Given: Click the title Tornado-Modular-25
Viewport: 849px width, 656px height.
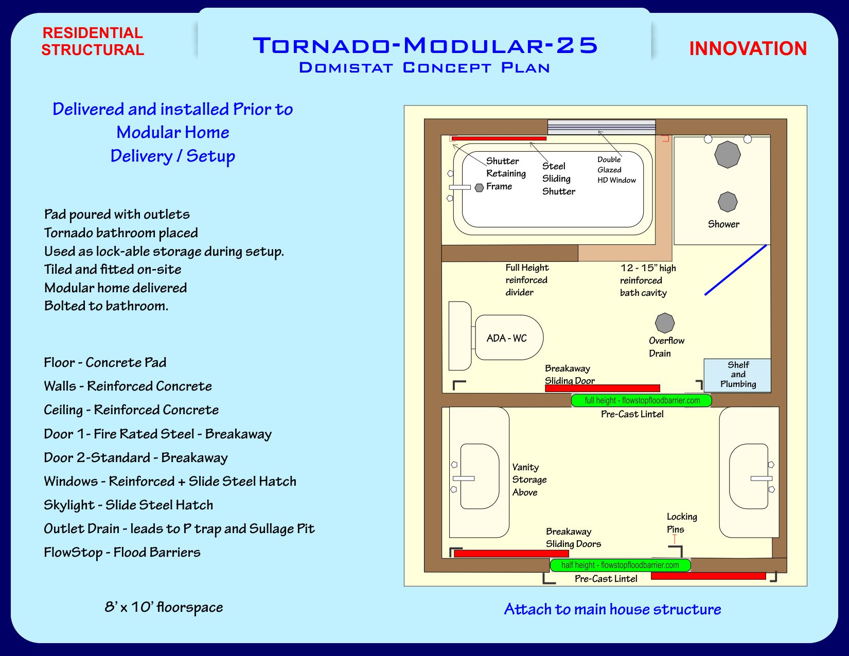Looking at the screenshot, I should [x=425, y=45].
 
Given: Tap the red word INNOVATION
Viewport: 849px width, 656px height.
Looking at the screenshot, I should [x=748, y=49].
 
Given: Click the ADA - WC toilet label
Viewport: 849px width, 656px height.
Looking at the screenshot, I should [x=506, y=338].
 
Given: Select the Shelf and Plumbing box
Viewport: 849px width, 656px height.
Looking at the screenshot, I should [x=737, y=375].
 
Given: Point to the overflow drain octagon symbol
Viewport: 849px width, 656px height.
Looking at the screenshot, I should [x=665, y=323].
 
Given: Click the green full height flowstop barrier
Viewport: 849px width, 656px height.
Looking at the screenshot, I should [x=642, y=400].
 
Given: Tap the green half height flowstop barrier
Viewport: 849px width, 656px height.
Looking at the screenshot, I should [x=620, y=565].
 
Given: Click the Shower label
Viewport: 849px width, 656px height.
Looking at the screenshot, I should [x=723, y=224].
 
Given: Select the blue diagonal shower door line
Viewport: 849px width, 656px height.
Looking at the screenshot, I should [x=736, y=270].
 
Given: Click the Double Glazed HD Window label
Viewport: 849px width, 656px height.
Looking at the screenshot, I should [x=616, y=170].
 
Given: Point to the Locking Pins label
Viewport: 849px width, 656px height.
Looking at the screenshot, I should [x=681, y=523].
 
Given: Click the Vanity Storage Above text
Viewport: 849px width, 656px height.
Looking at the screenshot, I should [x=529, y=480].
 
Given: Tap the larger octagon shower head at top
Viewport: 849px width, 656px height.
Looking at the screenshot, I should [x=727, y=154].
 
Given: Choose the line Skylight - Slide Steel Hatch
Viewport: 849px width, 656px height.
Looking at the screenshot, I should [x=128, y=505].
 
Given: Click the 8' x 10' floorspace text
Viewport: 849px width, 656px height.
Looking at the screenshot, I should [x=164, y=607].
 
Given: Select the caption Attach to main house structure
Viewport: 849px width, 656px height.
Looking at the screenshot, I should [x=612, y=609].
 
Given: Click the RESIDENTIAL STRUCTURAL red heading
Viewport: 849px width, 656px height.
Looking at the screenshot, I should [x=93, y=41].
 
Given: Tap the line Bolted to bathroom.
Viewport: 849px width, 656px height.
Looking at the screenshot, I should [x=106, y=306].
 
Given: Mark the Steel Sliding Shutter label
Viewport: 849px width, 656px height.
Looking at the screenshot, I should [x=558, y=179].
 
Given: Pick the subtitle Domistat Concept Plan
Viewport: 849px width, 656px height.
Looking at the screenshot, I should [x=424, y=68].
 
